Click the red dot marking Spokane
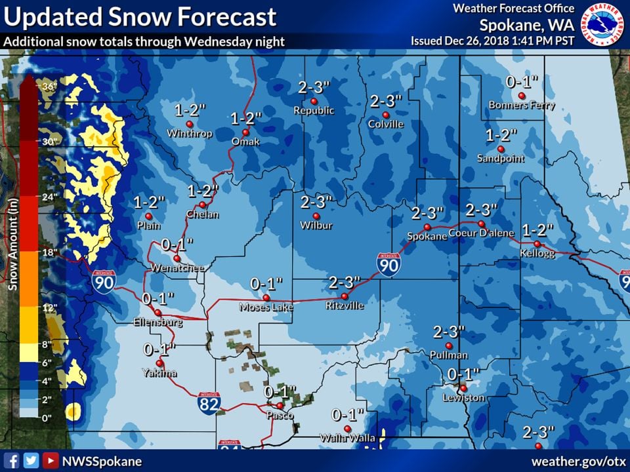coord(425,227)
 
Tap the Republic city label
coord(314,111)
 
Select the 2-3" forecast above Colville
coord(385,102)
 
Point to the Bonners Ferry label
coord(522,106)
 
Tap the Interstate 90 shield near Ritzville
coord(388,264)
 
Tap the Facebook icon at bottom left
coord(11,461)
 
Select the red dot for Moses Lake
coord(266,296)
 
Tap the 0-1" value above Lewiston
coord(464,374)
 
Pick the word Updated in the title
coord(45,17)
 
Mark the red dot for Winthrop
coord(190,123)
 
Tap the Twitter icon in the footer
coord(30,461)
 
